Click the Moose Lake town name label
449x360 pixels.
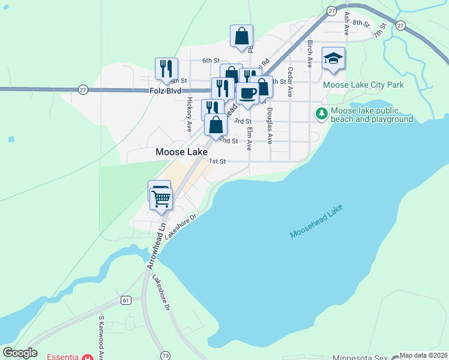181,152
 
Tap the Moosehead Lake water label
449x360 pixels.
316,221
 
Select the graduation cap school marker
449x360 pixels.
334,59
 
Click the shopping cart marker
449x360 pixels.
161,199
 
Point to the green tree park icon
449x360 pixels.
322,113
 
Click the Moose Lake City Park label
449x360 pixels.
363,85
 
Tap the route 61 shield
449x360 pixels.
125,300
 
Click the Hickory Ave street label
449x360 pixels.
190,115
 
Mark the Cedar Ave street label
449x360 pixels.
290,82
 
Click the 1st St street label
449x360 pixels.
217,161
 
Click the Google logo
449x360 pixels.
20,353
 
